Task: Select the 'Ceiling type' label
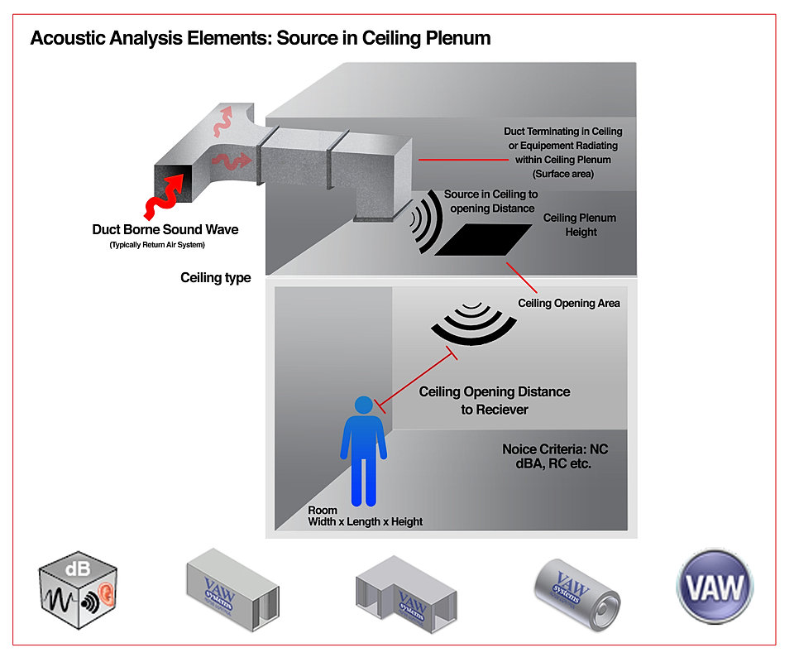[215, 278]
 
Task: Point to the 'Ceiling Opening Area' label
[569, 304]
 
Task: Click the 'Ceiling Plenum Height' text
[579, 225]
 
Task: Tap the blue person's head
[362, 406]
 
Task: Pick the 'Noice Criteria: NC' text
[555, 450]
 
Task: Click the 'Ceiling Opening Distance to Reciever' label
[494, 400]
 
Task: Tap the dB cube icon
[78, 590]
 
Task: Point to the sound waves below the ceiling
[469, 324]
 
